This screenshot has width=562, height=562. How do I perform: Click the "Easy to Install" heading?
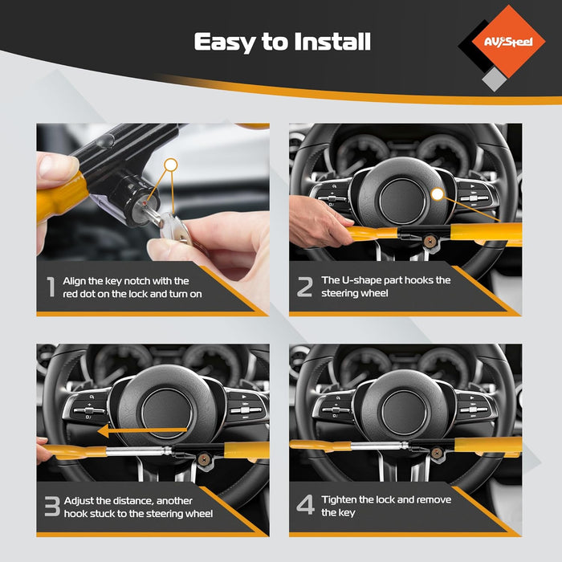(282, 43)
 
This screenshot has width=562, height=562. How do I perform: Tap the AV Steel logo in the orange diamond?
(508, 42)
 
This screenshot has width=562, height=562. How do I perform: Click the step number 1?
(51, 287)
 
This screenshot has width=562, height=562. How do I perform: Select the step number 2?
(304, 287)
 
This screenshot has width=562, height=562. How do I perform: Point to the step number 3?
(52, 506)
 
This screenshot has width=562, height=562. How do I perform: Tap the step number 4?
(305, 505)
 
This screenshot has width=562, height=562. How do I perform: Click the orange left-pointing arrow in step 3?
(142, 430)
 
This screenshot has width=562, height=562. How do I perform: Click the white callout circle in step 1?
(171, 165)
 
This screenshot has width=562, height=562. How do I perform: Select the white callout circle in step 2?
(438, 194)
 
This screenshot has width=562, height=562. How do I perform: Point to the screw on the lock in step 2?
(429, 241)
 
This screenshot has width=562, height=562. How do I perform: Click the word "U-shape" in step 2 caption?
(359, 280)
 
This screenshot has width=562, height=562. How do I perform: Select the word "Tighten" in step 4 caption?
(339, 499)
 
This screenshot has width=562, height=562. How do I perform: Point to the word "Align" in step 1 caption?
(74, 281)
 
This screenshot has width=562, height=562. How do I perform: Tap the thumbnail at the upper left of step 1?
(57, 167)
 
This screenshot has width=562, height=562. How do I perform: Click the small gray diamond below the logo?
(495, 79)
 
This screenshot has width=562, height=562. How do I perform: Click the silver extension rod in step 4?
(379, 446)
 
